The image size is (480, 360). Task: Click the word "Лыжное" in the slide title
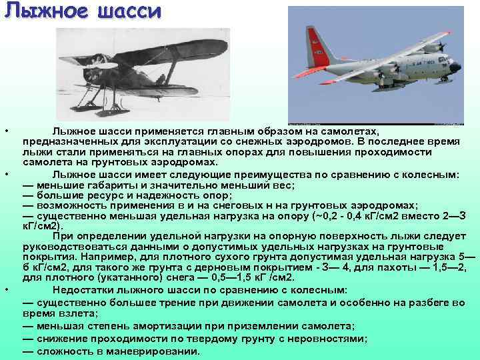(40, 13)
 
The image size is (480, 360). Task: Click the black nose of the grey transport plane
(455, 67)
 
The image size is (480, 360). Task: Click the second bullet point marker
(6, 173)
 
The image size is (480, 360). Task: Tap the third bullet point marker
(6, 289)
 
